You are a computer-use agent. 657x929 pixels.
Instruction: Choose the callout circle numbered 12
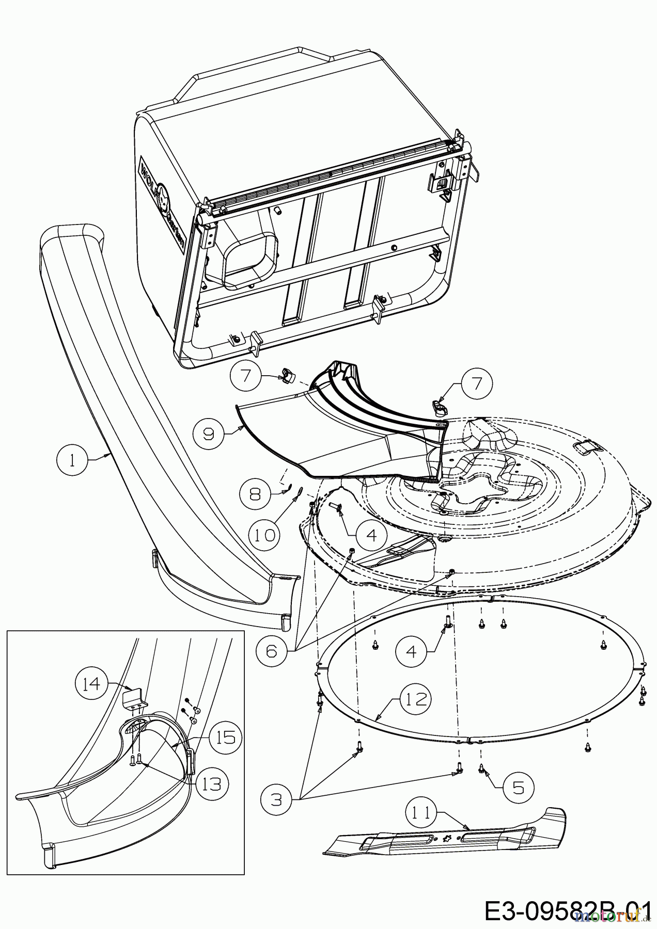pos(416,699)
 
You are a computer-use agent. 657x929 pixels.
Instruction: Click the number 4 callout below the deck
pos(411,651)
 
